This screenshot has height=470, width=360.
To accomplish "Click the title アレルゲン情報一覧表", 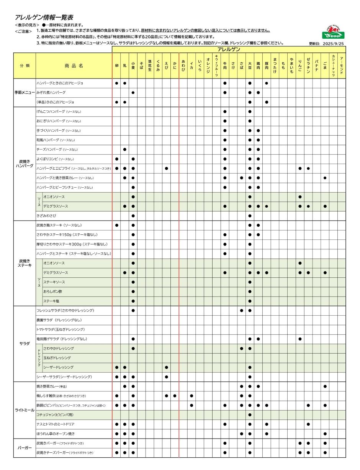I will (44, 17).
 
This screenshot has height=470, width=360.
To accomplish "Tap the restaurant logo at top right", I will (331, 33).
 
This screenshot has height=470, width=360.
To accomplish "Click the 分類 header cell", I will (25, 66).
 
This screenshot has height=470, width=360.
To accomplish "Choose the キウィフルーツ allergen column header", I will (216, 66).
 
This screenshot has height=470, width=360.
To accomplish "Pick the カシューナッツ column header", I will (333, 66).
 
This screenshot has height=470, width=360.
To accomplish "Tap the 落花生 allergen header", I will (150, 66).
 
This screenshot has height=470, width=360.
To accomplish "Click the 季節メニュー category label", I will (25, 93).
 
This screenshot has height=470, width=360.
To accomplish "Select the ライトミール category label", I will (25, 410).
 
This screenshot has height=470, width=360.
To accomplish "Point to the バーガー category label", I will (25, 448).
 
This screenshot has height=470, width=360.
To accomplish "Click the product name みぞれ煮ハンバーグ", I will (51, 93).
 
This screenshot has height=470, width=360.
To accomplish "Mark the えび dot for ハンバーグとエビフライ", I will (166, 169).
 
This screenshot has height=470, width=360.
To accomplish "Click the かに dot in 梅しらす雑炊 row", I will (175, 396).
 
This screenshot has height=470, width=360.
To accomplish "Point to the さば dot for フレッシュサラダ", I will (241, 311).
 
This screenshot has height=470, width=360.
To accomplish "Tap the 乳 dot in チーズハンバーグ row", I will (125, 149).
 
